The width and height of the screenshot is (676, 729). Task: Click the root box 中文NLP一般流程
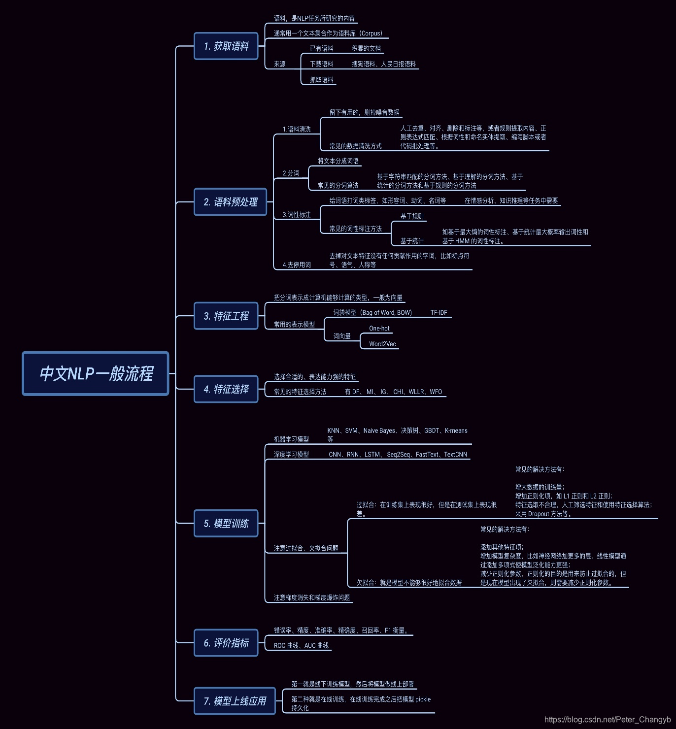click(x=96, y=373)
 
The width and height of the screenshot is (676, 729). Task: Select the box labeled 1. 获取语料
click(x=226, y=46)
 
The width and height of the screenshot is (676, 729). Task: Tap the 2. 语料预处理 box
click(x=230, y=202)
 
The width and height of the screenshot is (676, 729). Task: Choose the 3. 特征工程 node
click(x=226, y=316)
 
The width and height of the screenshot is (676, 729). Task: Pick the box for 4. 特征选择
click(x=226, y=389)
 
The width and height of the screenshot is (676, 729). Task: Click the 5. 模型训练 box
click(x=226, y=523)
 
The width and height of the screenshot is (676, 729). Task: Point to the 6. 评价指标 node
click(x=226, y=643)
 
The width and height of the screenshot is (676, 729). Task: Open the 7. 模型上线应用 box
click(x=235, y=701)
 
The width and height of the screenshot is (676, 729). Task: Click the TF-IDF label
click(x=439, y=313)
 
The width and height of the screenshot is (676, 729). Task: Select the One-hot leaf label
click(x=379, y=329)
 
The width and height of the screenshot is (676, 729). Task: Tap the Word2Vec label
click(x=382, y=344)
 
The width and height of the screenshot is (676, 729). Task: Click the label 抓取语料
click(x=321, y=80)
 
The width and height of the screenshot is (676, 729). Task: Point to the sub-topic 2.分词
click(x=291, y=173)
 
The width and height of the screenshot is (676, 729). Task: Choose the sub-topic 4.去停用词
click(x=297, y=265)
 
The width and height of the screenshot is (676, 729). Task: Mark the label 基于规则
click(x=412, y=217)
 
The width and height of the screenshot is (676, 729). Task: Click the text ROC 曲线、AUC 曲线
click(x=301, y=646)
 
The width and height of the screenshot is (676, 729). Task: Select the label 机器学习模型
click(x=291, y=439)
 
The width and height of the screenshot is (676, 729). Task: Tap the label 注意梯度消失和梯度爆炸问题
click(x=312, y=598)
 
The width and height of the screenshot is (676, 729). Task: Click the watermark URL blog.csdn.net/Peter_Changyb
click(x=607, y=720)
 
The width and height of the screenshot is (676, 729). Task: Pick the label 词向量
click(x=342, y=336)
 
